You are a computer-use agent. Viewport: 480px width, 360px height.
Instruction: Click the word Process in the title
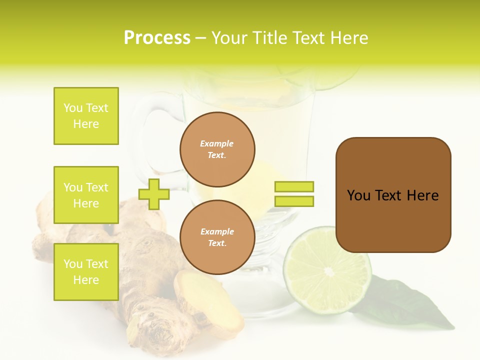click(157, 38)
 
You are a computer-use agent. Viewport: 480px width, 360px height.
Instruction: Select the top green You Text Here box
click(86, 116)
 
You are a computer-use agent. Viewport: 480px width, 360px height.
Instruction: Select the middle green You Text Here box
click(86, 195)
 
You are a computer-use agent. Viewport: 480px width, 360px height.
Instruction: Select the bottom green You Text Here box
click(86, 272)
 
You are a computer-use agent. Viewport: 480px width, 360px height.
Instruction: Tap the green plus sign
click(154, 194)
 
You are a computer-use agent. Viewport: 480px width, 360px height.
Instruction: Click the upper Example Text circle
click(217, 149)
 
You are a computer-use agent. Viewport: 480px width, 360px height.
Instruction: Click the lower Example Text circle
click(217, 237)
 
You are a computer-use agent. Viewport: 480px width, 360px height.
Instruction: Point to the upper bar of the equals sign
click(294, 186)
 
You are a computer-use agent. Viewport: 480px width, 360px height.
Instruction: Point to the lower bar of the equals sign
click(294, 201)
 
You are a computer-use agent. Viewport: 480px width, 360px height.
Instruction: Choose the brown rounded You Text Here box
click(393, 195)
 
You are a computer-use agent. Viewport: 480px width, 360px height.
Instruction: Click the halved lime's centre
click(328, 271)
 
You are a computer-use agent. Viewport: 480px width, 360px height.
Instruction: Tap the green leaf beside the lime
click(400, 305)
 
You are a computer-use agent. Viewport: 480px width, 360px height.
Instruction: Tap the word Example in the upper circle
click(216, 143)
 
